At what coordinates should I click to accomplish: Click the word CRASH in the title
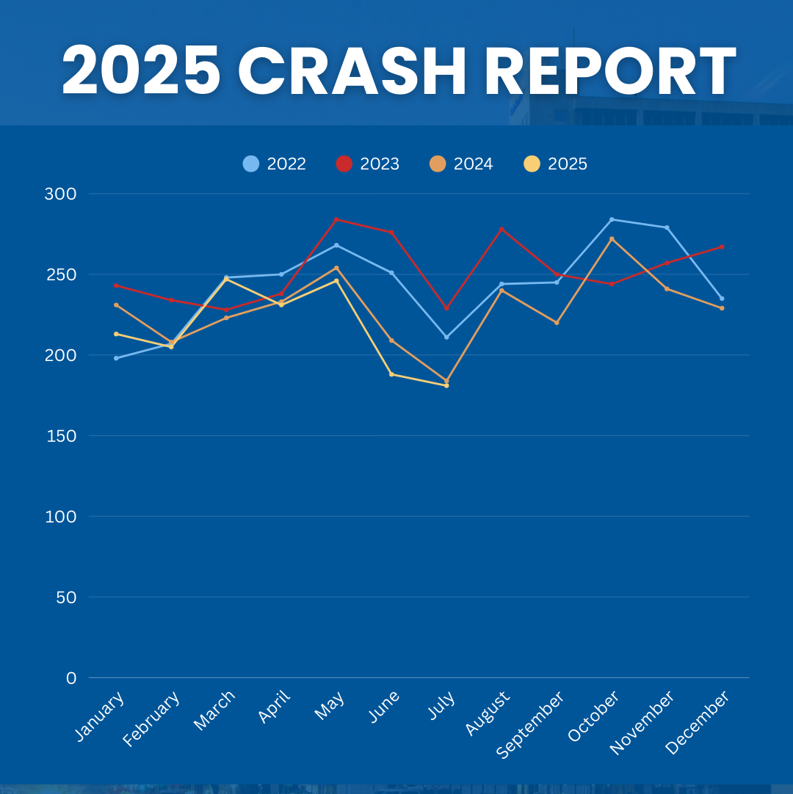pyautogui.click(x=352, y=71)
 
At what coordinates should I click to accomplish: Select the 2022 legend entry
pyautogui.click(x=275, y=164)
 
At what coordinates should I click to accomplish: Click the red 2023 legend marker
pyautogui.click(x=344, y=164)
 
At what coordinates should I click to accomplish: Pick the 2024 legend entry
pyautogui.click(x=462, y=164)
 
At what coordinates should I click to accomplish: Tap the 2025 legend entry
pyautogui.click(x=556, y=164)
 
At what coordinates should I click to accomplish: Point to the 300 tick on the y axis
pyautogui.click(x=60, y=194)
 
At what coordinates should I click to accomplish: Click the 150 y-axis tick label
pyautogui.click(x=62, y=436)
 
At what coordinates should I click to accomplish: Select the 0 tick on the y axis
pyautogui.click(x=71, y=678)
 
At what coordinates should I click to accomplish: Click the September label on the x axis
pyautogui.click(x=530, y=724)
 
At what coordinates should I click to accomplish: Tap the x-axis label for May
pyautogui.click(x=330, y=705)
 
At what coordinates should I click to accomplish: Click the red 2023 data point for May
pyautogui.click(x=336, y=219)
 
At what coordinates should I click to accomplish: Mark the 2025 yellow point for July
pyautogui.click(x=446, y=385)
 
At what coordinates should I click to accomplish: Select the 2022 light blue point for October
pyautogui.click(x=612, y=219)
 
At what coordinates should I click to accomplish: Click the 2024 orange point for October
pyautogui.click(x=612, y=238)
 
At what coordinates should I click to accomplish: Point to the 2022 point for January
pyautogui.click(x=116, y=358)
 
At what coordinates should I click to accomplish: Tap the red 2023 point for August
pyautogui.click(x=501, y=229)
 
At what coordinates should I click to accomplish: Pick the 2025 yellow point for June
pyautogui.click(x=391, y=374)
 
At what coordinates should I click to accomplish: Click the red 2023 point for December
pyautogui.click(x=722, y=247)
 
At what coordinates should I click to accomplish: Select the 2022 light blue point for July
pyautogui.click(x=446, y=337)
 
